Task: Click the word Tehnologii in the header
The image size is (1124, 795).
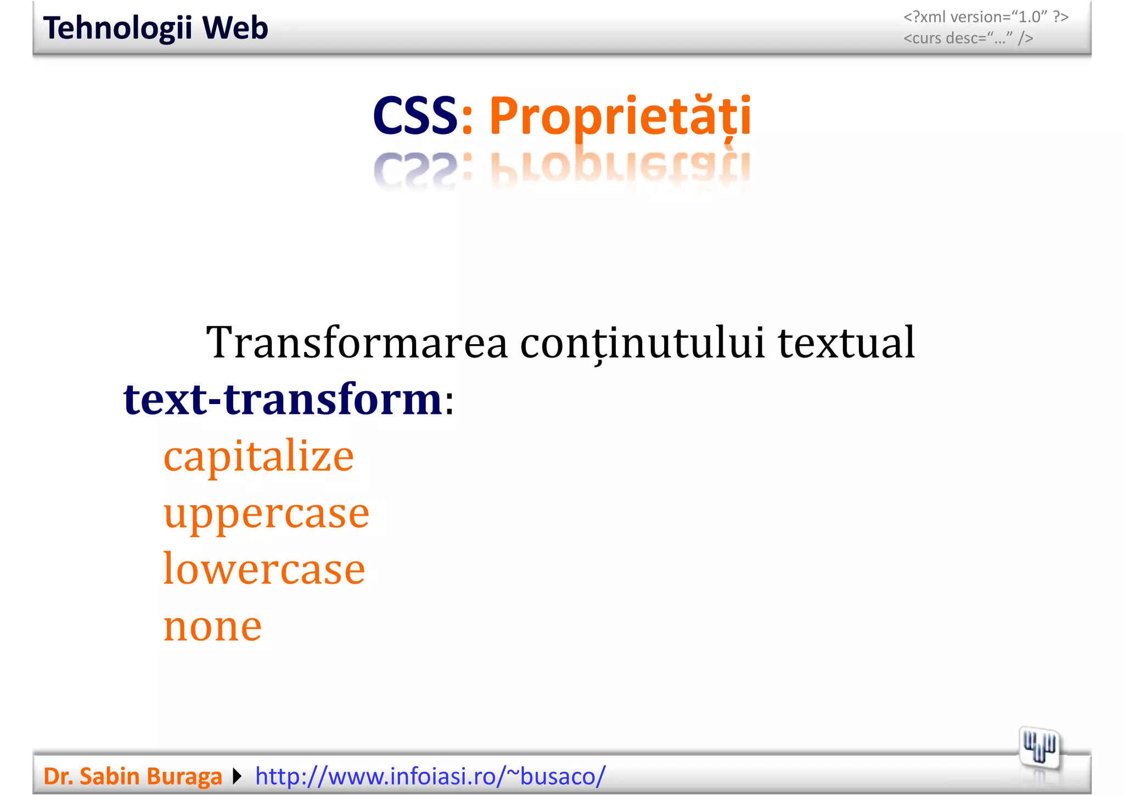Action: pos(117,29)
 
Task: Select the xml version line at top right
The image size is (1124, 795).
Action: pos(986,17)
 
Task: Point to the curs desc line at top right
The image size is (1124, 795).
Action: pos(968,38)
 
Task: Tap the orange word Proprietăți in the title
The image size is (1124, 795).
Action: pos(620,116)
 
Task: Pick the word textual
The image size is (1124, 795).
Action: pos(846,343)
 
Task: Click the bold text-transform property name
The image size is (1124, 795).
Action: pos(283,399)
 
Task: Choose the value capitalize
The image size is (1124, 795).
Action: pos(258,456)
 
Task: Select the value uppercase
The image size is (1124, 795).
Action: pos(266,514)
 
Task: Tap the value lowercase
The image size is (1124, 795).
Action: pos(264,569)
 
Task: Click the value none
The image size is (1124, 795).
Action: pos(212,626)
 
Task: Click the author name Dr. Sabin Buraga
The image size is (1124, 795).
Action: pos(132,776)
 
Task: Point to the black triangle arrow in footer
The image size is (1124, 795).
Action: pos(237,776)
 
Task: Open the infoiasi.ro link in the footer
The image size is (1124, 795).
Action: pos(430,776)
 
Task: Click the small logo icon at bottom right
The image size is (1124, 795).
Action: pos(1039,747)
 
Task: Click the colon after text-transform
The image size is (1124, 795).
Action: pos(449,404)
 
